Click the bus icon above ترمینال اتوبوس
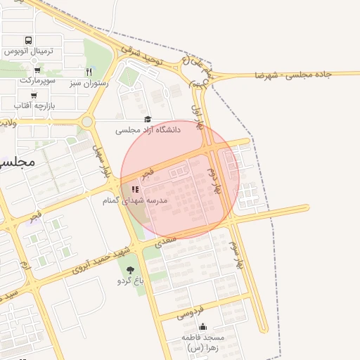(28, 41)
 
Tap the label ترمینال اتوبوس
(28, 52)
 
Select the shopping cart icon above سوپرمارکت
(37, 70)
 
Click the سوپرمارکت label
(37, 81)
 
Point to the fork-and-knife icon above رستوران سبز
(89, 72)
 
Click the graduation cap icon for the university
(148, 120)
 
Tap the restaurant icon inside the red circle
(135, 189)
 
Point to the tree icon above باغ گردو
(129, 270)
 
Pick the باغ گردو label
(130, 281)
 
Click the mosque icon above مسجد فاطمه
(203, 326)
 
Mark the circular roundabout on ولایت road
(87, 122)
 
